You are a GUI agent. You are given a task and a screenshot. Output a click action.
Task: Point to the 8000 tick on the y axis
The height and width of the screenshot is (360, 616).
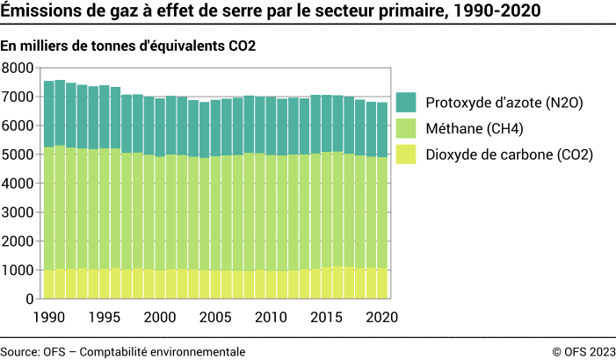point(18,68)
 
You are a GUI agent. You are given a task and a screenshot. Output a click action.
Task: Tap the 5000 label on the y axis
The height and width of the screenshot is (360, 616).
point(18,155)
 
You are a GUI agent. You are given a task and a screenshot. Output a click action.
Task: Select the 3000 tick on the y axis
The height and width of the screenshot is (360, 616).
point(18,212)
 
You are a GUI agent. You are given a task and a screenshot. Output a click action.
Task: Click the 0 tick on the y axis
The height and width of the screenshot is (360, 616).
point(28,299)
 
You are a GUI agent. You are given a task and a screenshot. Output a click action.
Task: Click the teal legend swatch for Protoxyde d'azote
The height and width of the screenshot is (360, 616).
point(406,103)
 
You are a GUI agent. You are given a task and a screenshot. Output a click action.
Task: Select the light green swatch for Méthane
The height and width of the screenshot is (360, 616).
point(406,129)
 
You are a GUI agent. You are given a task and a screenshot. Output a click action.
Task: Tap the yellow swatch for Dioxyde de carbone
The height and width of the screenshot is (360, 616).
point(406,155)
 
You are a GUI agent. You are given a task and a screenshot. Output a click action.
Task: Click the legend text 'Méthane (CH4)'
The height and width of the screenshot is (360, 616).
point(474,129)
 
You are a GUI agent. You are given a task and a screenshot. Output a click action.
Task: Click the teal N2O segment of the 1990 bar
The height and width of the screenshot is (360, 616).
point(49,114)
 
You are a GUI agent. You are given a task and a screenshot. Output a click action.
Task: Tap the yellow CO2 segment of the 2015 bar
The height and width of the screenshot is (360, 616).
point(327,283)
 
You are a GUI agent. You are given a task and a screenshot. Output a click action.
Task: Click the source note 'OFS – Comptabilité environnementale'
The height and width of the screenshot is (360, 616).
point(123,351)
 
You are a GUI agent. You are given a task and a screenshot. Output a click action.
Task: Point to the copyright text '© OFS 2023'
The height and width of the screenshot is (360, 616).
point(583,351)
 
